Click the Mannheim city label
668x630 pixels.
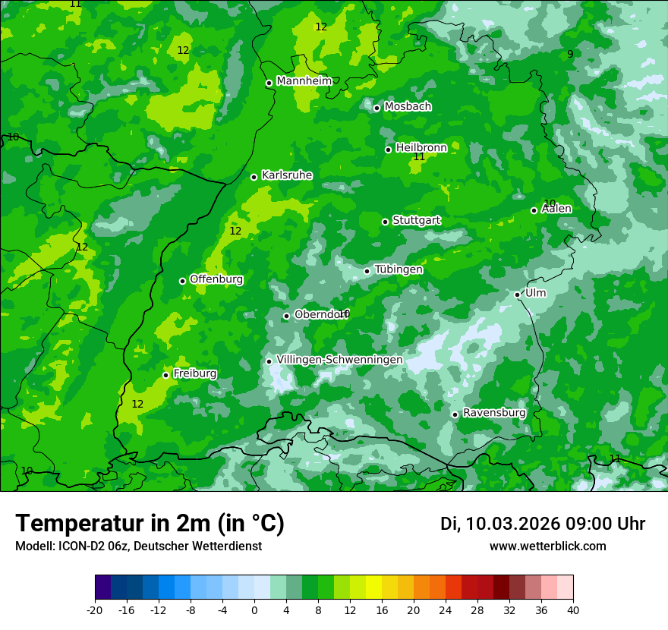point(304,81)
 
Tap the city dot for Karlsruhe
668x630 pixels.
point(254,177)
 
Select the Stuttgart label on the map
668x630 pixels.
point(416,220)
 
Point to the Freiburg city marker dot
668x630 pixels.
point(165,375)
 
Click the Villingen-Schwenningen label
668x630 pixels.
point(339,360)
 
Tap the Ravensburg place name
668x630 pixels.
point(494,413)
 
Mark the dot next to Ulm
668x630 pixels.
point(517,295)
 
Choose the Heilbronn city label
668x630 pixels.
point(421,148)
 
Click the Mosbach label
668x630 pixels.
point(408,107)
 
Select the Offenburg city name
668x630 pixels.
point(216,279)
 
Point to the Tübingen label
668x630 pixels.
point(399,269)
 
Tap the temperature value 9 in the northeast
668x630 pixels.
point(570,54)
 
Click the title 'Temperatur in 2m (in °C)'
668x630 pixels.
point(150,524)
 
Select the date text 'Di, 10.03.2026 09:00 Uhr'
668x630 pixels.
point(543,524)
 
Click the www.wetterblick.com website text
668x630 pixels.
point(547,547)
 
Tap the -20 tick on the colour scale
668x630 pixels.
point(95,610)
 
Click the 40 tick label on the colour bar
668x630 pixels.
point(572,610)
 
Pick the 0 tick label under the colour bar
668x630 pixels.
point(254,610)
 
